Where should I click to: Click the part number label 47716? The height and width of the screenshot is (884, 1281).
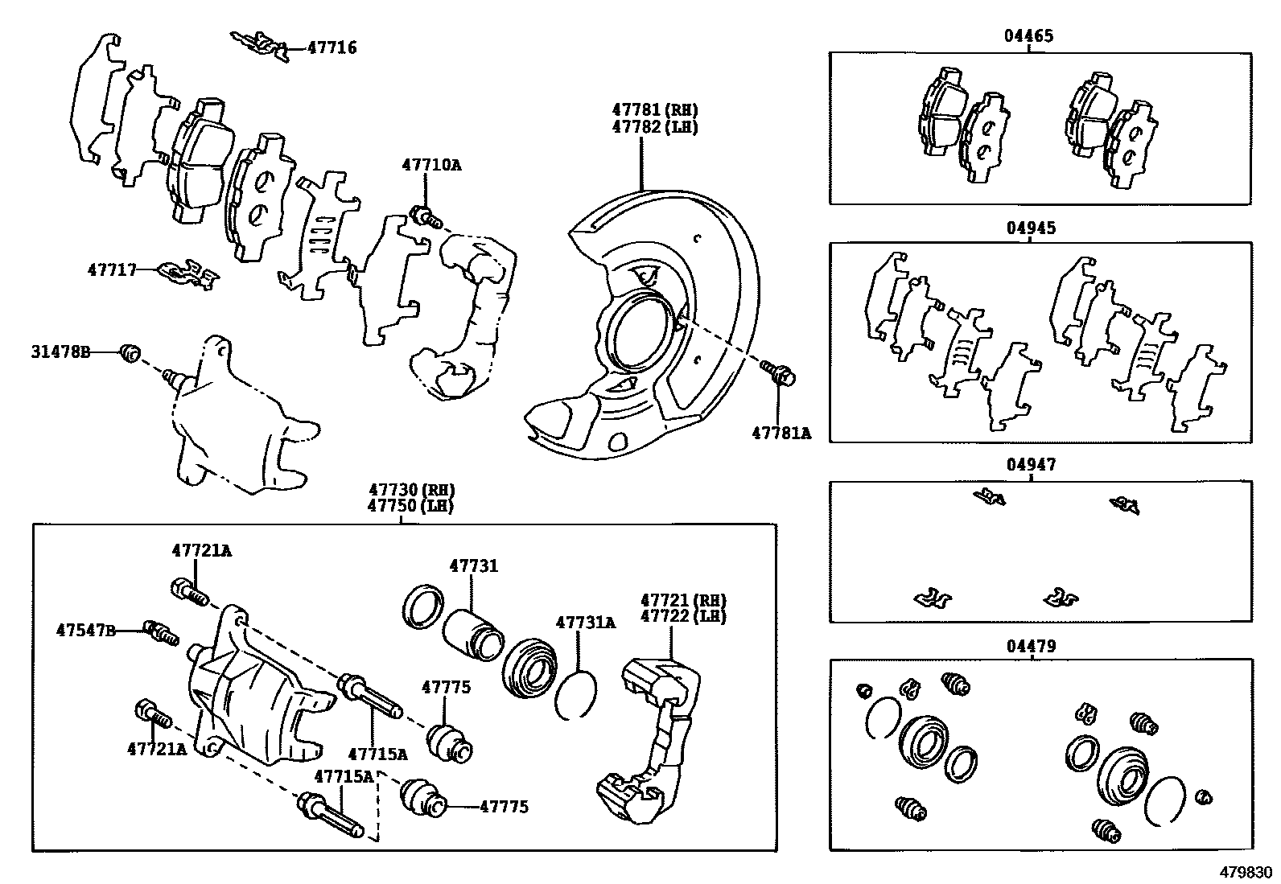click(x=332, y=48)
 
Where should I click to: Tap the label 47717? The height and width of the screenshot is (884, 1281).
click(x=112, y=270)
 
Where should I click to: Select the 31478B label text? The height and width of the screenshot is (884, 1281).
click(x=61, y=352)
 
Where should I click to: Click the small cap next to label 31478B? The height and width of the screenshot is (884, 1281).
click(x=130, y=352)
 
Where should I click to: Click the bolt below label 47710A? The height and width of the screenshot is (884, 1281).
click(x=425, y=216)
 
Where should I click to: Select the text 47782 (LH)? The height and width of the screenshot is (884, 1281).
click(x=654, y=127)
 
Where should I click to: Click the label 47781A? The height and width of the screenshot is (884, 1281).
click(x=781, y=433)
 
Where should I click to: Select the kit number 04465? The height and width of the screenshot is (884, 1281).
click(x=1028, y=36)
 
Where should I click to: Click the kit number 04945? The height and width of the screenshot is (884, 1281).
click(x=1031, y=228)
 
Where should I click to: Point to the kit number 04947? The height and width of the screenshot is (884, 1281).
click(x=1031, y=465)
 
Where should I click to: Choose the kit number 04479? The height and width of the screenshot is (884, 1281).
click(x=1031, y=646)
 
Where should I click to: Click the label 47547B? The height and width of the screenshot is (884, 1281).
click(x=86, y=630)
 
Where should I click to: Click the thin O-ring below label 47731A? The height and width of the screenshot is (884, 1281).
click(x=576, y=694)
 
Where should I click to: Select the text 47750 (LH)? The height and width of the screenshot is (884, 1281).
click(x=410, y=506)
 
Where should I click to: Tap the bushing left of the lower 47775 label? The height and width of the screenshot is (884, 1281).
click(x=422, y=798)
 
